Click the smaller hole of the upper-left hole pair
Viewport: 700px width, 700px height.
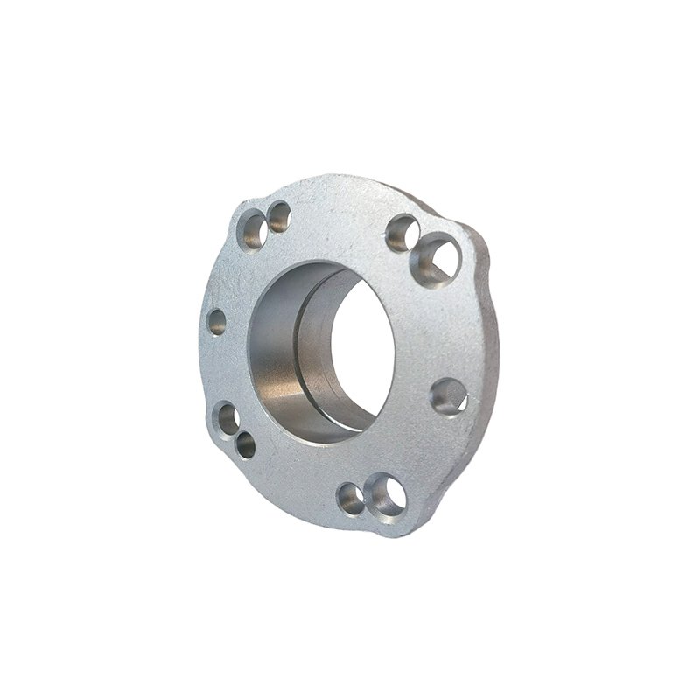click(279, 216)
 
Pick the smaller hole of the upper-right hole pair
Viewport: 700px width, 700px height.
click(402, 233)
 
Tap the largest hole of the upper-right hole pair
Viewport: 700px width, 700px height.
click(435, 260)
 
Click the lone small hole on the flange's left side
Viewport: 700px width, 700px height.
click(217, 322)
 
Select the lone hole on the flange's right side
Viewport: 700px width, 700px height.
click(449, 396)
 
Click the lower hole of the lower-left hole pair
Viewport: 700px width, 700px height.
click(246, 444)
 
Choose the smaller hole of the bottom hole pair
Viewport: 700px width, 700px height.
click(351, 499)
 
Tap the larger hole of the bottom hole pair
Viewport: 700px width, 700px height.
click(386, 494)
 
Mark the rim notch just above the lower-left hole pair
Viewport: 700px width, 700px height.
click(210, 385)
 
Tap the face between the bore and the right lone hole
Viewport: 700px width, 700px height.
click(416, 367)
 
